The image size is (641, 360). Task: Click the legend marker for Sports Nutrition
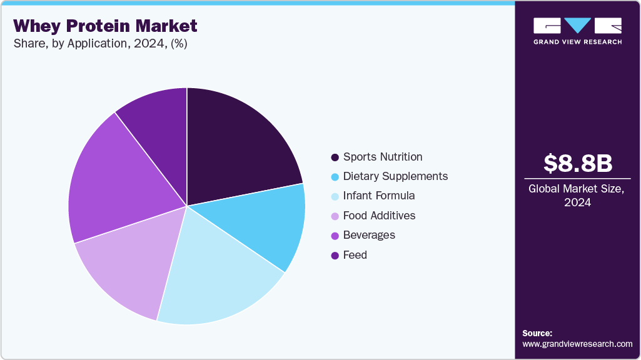point(335,157)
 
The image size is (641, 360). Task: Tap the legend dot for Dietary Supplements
point(335,176)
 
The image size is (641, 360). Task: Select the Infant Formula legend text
point(379,196)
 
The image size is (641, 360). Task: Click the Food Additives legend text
point(379,216)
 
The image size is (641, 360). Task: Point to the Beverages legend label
point(369,235)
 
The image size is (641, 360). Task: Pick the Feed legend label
point(355,255)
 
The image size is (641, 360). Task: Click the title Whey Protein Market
point(105,26)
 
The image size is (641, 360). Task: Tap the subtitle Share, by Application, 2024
point(100,44)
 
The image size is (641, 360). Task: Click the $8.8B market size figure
point(578,163)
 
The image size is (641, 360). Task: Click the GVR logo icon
point(577,26)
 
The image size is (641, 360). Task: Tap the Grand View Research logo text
point(577,42)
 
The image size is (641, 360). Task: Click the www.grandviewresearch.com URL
point(577,344)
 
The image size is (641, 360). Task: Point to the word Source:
point(537,333)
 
